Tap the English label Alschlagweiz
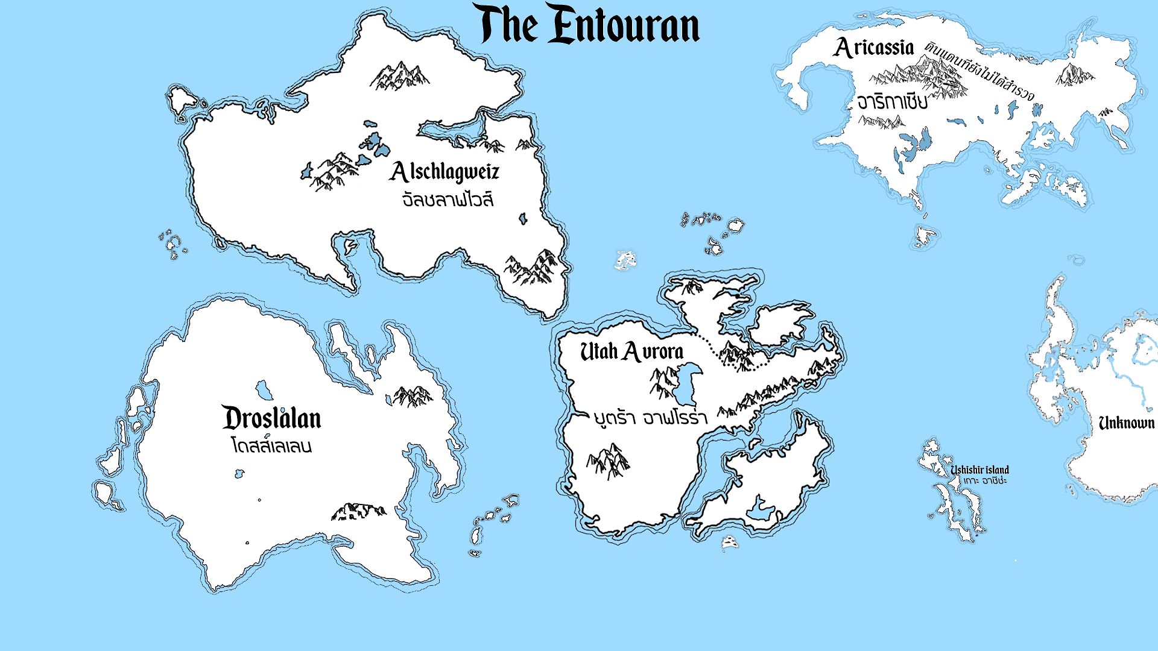[x=445, y=172]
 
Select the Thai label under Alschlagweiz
[x=448, y=200]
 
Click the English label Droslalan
[x=271, y=418]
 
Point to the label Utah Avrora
[x=631, y=351]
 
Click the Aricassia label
[x=874, y=48]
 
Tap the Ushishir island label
[x=979, y=470]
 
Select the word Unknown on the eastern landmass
[x=1126, y=423]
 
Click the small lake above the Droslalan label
[x=264, y=390]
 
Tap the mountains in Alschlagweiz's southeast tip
[x=532, y=267]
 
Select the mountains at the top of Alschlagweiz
[x=399, y=75]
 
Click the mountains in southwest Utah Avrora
[x=608, y=461]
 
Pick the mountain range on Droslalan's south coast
[x=358, y=511]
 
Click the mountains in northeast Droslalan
[x=413, y=396]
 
